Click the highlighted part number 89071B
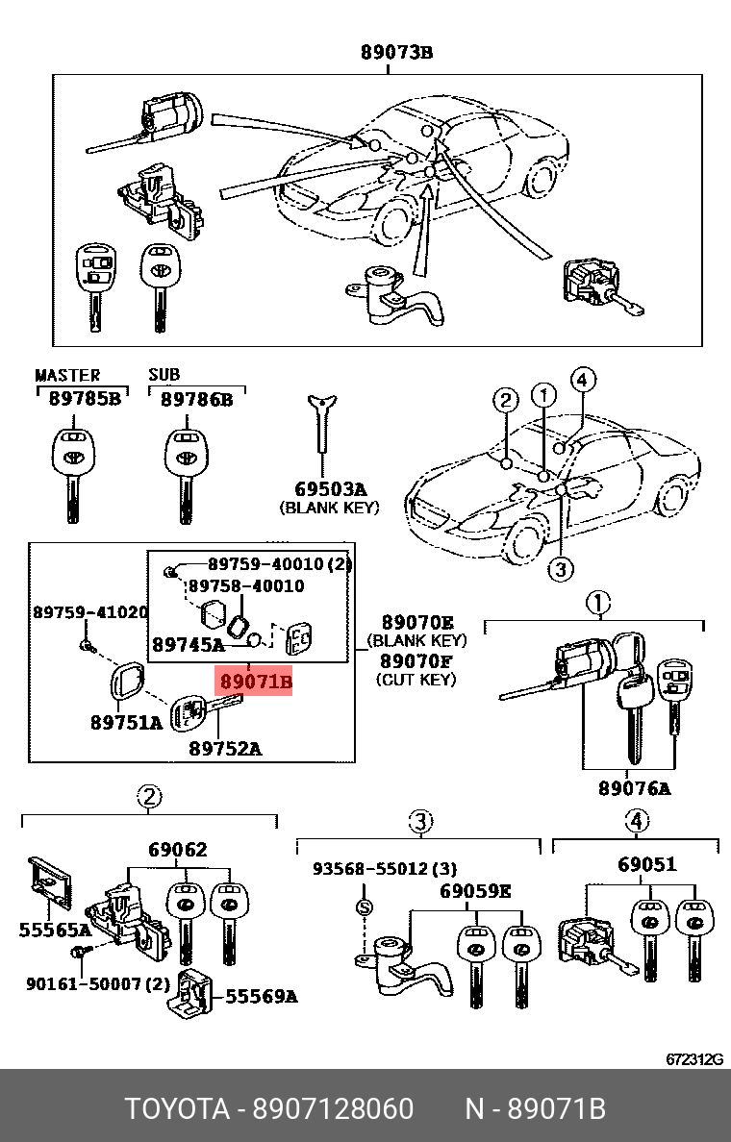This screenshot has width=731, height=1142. (x=255, y=683)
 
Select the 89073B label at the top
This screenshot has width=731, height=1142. (x=396, y=54)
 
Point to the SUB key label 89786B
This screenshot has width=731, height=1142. (x=196, y=399)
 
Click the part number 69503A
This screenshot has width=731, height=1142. (x=330, y=488)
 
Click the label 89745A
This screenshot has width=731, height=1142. (x=188, y=645)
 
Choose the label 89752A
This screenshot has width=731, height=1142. (x=225, y=748)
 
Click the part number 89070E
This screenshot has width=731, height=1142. (x=416, y=622)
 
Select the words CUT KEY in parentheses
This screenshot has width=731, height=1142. (x=416, y=680)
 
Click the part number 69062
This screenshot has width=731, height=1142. (x=177, y=850)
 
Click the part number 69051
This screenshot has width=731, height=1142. (x=647, y=864)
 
